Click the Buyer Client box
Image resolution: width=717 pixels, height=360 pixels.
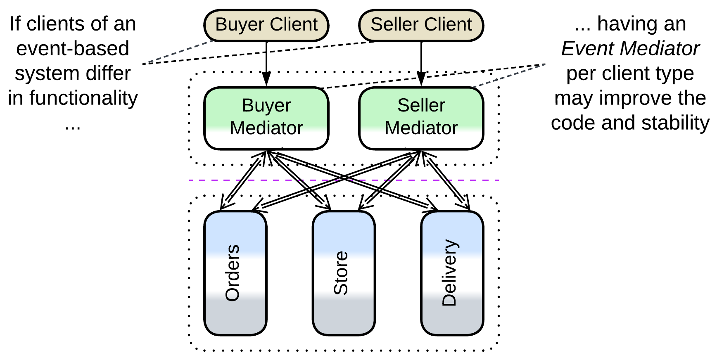(266, 25)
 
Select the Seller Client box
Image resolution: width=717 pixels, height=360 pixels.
(421, 25)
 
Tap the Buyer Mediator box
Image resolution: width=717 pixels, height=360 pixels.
(266, 118)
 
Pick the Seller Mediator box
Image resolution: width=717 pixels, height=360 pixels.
(421, 118)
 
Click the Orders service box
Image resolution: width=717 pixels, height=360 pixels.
(235, 273)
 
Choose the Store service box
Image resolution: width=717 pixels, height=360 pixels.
(344, 273)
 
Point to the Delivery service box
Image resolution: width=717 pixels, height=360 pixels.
(452, 273)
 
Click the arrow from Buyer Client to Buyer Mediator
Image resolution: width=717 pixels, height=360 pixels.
(266, 62)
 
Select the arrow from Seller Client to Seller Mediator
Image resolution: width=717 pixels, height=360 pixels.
(421, 62)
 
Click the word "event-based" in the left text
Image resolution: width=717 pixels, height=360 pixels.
(73, 49)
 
